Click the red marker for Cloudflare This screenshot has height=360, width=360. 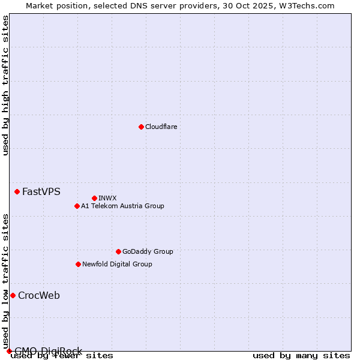coord(141,127)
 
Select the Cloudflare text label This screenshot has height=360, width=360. coord(161,127)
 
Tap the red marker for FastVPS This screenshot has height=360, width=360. coord(17,191)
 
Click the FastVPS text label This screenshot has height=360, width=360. coord(41,192)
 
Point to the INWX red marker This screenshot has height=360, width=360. coord(94,198)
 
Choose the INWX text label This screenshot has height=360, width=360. coord(107,198)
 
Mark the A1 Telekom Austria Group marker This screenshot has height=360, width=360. coord(77,206)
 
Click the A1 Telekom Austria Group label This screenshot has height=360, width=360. coord(122,206)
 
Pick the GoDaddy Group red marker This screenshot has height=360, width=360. coord(118,251)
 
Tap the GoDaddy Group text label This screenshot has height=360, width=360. coord(147,251)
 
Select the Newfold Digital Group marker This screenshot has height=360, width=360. coord(78,264)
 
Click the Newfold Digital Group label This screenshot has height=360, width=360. coord(117,264)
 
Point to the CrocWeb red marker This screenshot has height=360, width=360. coord(13,295)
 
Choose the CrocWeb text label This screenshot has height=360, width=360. coord(38,295)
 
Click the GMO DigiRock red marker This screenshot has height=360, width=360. coord(9,351)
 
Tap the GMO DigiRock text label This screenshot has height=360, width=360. coord(48,351)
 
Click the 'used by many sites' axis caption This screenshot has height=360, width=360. coord(301,356)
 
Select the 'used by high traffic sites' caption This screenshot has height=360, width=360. coord(5,86)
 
